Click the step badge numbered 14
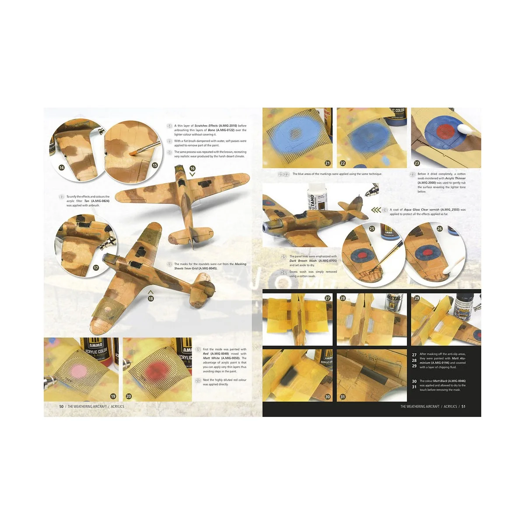(61, 168)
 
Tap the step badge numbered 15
(154, 165)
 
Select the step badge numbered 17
(96, 268)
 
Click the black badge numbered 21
(327, 163)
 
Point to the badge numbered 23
(416, 163)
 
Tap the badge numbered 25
(372, 228)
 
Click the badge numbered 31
(343, 397)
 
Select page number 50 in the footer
(61, 406)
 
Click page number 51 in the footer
(463, 406)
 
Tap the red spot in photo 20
(154, 371)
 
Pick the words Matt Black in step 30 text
(440, 381)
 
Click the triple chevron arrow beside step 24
(376, 210)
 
